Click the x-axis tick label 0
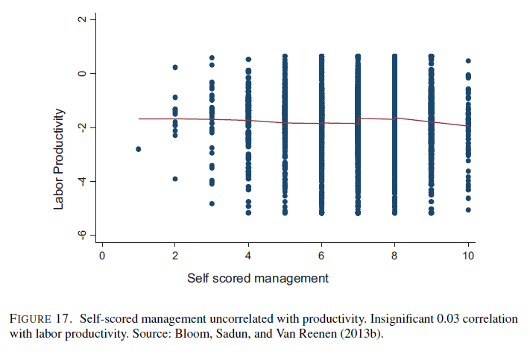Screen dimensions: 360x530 click(102, 256)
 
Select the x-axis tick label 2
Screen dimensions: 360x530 click(175, 256)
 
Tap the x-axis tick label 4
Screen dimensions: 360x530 click(248, 256)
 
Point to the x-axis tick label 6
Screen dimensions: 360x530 click(321, 256)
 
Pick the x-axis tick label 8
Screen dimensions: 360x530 click(394, 256)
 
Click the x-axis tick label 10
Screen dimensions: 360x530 click(468, 256)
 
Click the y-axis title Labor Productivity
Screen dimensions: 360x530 click(60, 159)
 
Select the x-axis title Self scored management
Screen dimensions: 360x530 click(257, 279)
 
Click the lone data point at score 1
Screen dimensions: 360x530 click(139, 149)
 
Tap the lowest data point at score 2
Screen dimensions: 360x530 click(175, 179)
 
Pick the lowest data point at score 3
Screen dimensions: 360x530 click(212, 203)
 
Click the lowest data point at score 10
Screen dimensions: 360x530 click(468, 210)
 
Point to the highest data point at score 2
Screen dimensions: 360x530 click(175, 67)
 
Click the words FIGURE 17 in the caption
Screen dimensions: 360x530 click(40, 319)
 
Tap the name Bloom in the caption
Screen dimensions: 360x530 click(188, 333)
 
